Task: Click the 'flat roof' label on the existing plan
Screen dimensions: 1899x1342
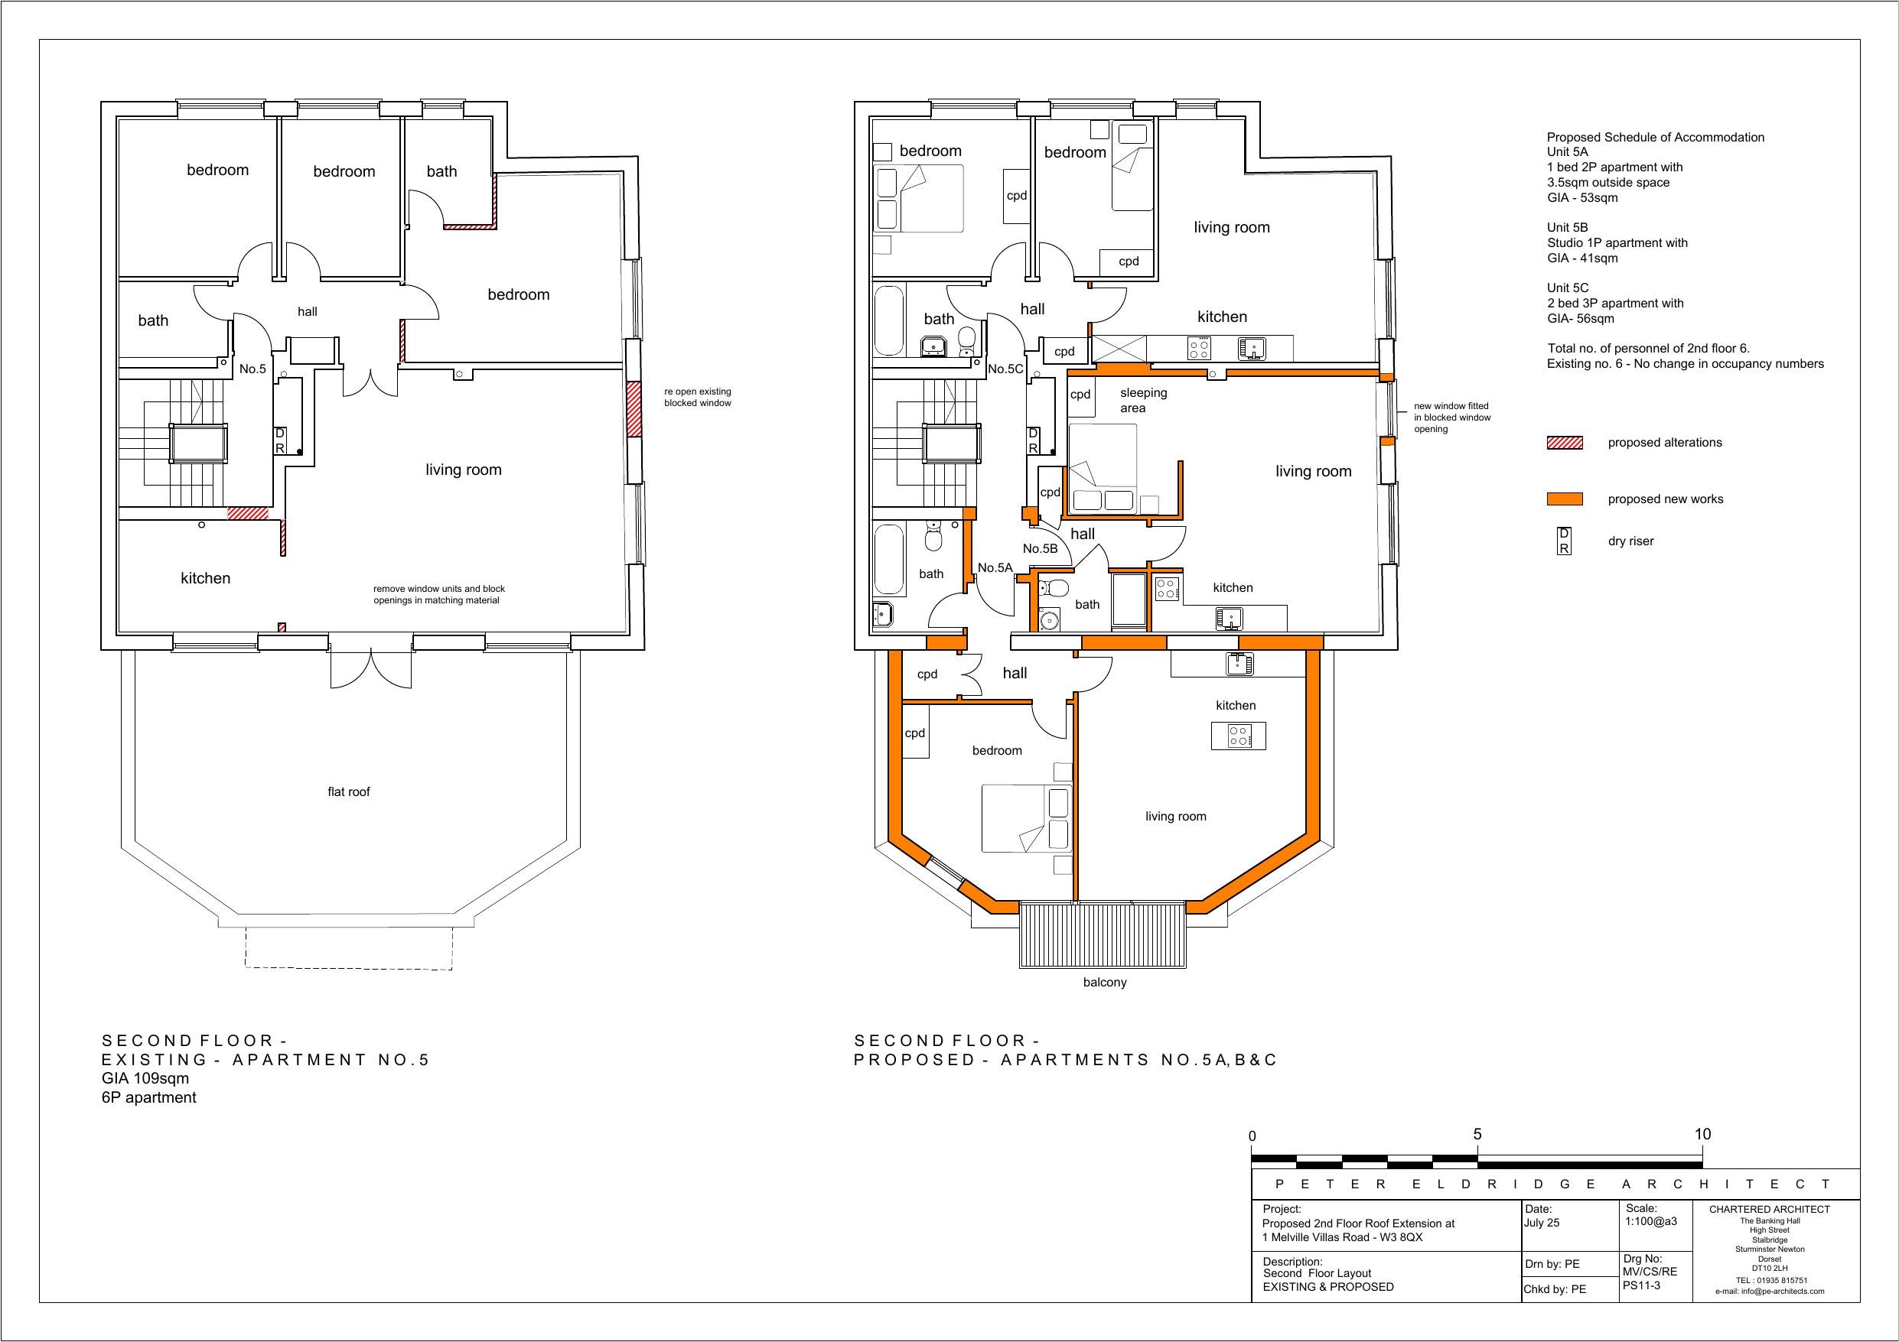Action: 348,791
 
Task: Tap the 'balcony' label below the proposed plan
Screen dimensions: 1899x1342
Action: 1105,983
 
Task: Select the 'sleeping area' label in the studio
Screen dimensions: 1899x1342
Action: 1143,400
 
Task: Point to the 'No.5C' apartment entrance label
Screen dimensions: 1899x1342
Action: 1006,369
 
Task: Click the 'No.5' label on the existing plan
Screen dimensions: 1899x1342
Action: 252,369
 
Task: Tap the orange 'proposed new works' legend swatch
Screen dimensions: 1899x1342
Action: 1564,499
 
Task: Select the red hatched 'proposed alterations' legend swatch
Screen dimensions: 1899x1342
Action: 1564,443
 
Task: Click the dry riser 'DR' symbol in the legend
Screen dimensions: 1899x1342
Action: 1564,541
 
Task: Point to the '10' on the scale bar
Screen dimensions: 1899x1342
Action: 1702,1134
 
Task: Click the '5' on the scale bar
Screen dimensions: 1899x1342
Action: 1477,1134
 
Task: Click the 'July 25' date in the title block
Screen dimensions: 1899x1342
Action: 1541,1222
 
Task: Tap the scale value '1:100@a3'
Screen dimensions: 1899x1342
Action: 1651,1221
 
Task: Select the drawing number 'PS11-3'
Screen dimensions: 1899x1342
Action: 1642,1285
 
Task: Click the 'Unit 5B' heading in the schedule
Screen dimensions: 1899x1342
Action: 1568,227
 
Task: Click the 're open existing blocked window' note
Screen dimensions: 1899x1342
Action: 697,398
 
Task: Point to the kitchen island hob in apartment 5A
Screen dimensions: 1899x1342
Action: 1239,735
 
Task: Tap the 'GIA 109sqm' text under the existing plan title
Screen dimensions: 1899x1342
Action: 145,1078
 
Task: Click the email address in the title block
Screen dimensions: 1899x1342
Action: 1769,1291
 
